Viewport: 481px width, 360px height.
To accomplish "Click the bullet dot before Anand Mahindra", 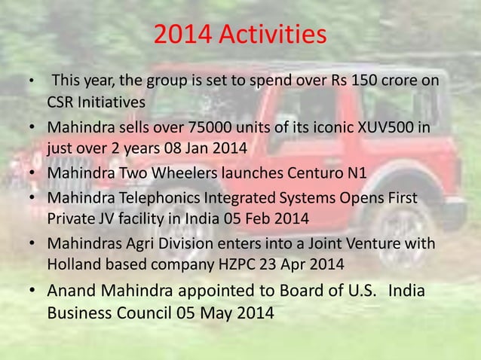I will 31,292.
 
